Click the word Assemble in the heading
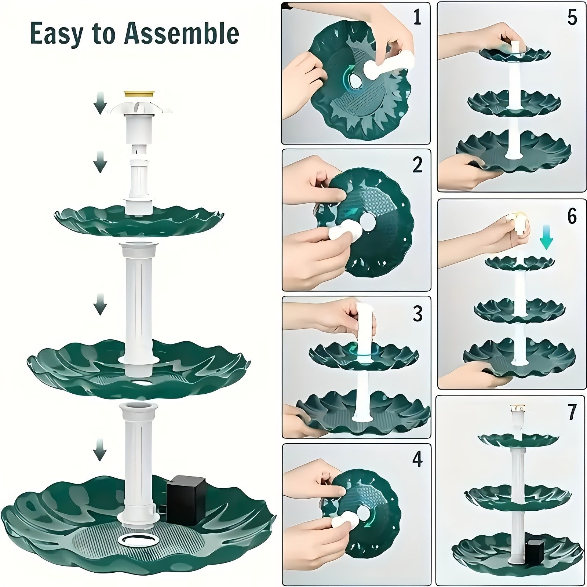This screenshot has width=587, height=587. pyautogui.click(x=182, y=33)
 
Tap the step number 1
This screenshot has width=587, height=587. pyautogui.click(x=417, y=17)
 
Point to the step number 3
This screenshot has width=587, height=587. pyautogui.click(x=418, y=314)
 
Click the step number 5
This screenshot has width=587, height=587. pyautogui.click(x=572, y=17)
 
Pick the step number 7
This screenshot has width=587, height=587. pyautogui.click(x=572, y=412)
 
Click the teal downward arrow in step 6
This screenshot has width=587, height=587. pyautogui.click(x=546, y=238)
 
